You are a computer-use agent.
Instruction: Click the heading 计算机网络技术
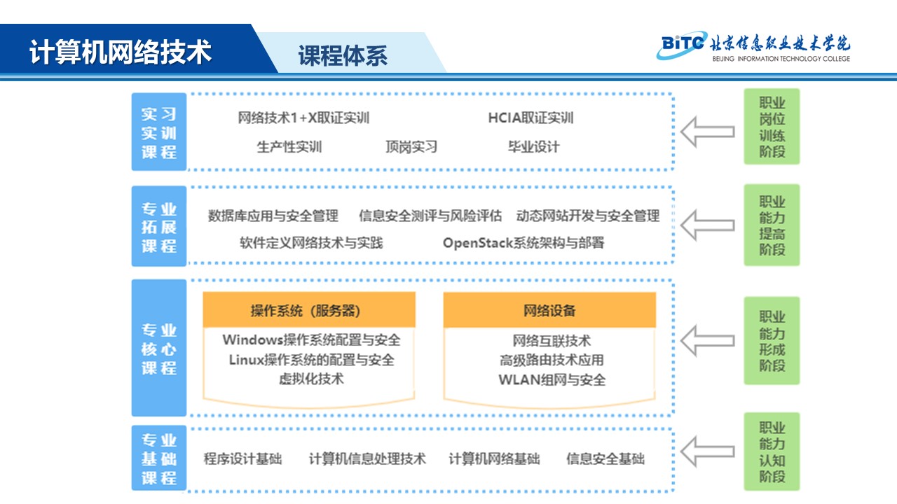coord(120,52)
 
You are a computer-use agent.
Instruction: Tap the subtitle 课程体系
coord(343,55)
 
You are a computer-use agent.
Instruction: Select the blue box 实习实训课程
coord(159,132)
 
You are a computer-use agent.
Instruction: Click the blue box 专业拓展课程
coord(159,226)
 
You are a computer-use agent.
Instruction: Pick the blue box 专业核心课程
coord(159,348)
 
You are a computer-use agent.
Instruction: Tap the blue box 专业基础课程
coord(159,458)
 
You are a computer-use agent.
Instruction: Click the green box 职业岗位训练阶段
coord(772,127)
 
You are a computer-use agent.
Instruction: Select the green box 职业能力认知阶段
coord(772,451)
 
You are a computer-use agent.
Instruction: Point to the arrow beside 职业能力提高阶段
coord(708,225)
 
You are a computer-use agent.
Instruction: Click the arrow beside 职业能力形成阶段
coord(708,341)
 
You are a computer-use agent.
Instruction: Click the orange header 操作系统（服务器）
coord(309,310)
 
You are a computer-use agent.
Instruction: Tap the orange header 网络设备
coord(549,310)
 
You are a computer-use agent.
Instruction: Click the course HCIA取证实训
coord(530,118)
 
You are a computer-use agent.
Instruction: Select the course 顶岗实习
coord(411,147)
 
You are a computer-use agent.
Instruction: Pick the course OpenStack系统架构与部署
coord(523,243)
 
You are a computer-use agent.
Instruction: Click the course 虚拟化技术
coord(311,379)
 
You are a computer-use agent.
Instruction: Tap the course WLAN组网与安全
coord(552,379)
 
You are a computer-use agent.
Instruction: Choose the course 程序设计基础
coord(242,458)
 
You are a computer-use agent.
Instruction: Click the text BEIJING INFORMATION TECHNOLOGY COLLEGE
coord(781,59)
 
